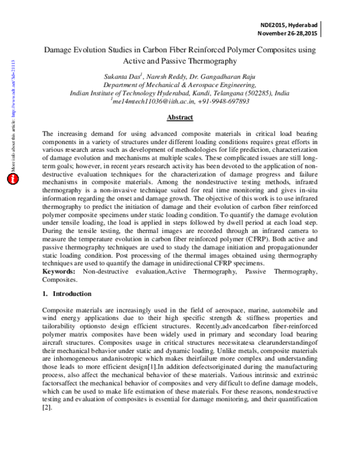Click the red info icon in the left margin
tap(12, 179)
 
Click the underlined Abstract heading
tap(179, 117)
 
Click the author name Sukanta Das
tap(122, 77)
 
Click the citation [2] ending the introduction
tap(46, 407)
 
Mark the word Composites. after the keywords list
tap(59, 280)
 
